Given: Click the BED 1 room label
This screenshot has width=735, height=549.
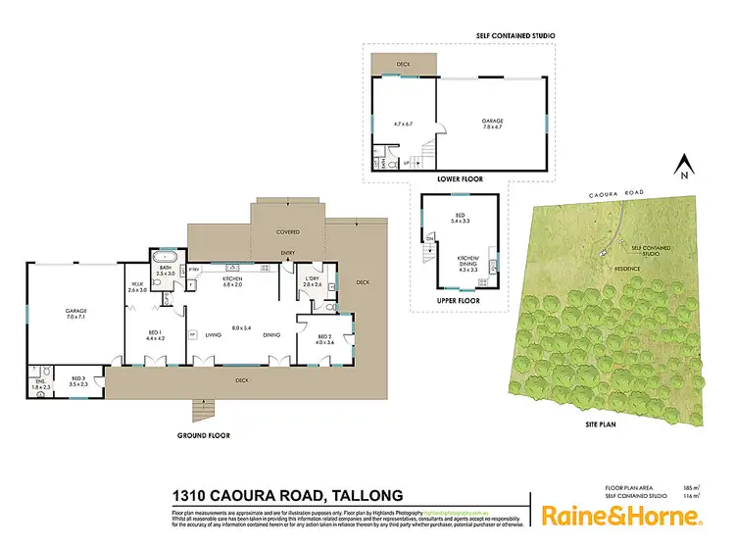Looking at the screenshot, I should coord(155,335).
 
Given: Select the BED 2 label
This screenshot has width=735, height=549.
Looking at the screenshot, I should coord(325,339).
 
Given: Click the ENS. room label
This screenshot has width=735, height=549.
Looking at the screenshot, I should coord(39,384).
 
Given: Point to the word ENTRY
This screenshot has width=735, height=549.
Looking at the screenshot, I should coord(288,253).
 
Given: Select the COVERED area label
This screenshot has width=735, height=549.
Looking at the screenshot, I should coord(287,232).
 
